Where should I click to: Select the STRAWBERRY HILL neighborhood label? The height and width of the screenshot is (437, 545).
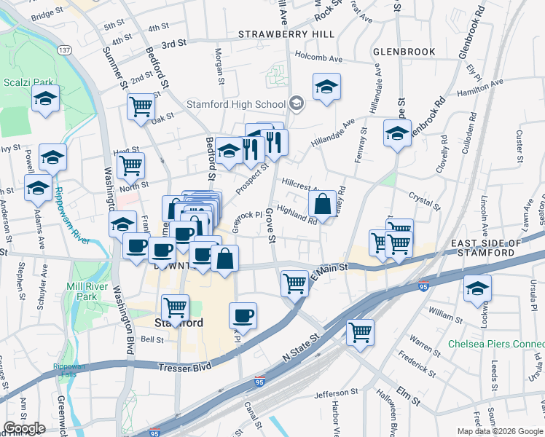[x=287, y=34]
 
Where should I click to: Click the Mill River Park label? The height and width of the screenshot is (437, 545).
[x=81, y=291]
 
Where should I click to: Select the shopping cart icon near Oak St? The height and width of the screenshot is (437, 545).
[x=141, y=107]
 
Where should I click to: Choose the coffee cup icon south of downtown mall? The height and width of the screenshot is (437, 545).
[x=243, y=316]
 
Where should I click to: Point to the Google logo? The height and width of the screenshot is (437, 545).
[x=24, y=428]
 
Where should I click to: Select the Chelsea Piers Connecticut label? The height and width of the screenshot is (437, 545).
[x=495, y=344]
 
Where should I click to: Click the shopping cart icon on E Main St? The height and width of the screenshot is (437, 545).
[x=294, y=282]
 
